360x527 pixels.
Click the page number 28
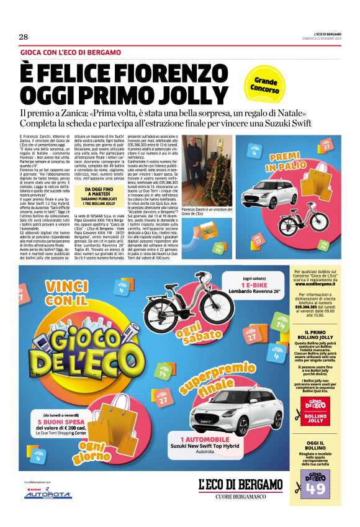[24, 37]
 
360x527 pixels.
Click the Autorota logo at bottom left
[47, 494]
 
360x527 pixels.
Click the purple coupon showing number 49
[315, 485]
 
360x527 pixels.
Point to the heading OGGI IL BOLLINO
[316, 446]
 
